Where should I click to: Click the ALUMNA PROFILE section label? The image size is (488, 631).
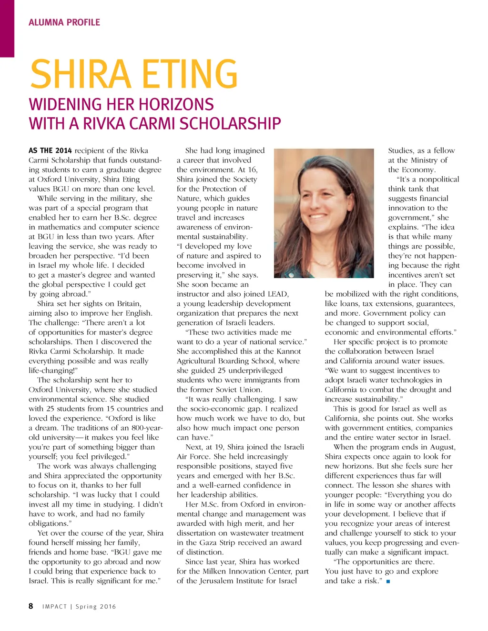64,22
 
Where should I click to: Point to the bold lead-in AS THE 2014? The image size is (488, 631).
50,150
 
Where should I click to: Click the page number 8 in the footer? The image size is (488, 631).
31,606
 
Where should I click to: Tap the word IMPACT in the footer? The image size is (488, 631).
54,607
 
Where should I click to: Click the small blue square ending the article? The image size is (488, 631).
388,581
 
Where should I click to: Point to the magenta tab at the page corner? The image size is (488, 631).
7,29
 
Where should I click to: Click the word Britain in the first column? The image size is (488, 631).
129,304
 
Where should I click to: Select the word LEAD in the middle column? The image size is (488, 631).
277,294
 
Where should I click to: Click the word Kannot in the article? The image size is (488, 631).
288,351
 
